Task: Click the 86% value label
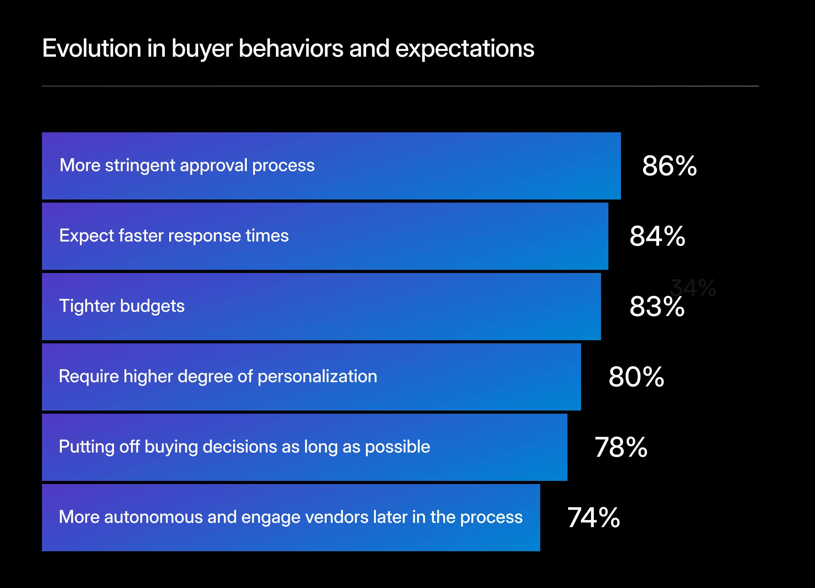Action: click(x=669, y=166)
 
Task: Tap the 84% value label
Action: click(x=657, y=236)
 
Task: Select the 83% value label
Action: click(x=657, y=307)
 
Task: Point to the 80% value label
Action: click(x=636, y=377)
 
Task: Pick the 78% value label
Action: click(x=621, y=447)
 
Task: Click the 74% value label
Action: click(x=593, y=518)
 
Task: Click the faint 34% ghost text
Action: click(x=693, y=288)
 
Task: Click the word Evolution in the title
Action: click(x=92, y=48)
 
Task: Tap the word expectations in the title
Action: click(x=465, y=49)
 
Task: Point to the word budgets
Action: click(x=152, y=306)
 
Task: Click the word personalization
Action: click(x=317, y=376)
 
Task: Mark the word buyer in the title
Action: click(x=202, y=49)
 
